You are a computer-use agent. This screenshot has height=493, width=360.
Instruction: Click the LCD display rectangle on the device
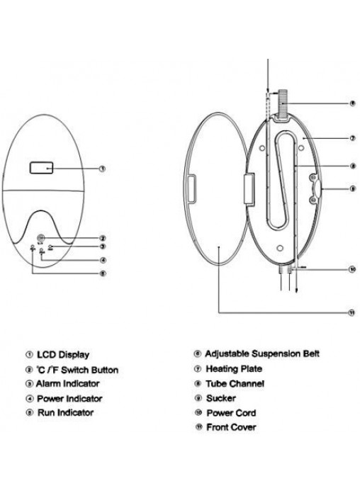click(x=41, y=168)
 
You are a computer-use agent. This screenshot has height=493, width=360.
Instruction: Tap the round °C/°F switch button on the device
click(x=41, y=238)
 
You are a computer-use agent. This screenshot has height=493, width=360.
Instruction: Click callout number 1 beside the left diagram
click(x=102, y=169)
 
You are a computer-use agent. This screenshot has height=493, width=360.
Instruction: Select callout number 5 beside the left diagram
click(x=102, y=273)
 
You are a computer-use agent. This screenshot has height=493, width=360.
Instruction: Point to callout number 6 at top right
click(x=352, y=103)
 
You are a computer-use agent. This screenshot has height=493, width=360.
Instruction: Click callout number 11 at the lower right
click(x=351, y=312)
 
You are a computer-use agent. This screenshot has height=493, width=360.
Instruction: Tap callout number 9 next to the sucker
click(x=353, y=188)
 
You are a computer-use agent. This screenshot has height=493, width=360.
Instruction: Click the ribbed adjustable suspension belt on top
click(x=283, y=103)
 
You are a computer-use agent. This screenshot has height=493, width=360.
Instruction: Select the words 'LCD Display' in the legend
click(x=63, y=355)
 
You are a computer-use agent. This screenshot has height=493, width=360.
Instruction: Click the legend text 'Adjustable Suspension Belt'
click(x=262, y=353)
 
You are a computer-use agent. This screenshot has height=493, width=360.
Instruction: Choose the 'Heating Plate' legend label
click(x=234, y=368)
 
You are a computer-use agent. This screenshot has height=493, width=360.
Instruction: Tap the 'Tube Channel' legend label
click(x=235, y=384)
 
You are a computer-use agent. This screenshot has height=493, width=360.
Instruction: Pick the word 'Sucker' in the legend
click(x=221, y=398)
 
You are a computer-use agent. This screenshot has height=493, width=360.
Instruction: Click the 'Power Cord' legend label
click(x=231, y=413)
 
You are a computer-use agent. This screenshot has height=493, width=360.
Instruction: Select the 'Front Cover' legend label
click(x=231, y=427)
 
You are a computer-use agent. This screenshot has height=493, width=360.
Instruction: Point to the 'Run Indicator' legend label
click(x=65, y=412)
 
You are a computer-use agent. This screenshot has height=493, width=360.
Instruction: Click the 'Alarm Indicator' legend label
click(x=67, y=384)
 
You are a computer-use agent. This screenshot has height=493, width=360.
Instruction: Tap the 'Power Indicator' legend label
click(x=69, y=399)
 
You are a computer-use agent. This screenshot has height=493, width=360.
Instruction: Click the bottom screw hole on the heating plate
click(x=279, y=249)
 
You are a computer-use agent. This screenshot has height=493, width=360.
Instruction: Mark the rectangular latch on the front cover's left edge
click(x=191, y=188)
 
